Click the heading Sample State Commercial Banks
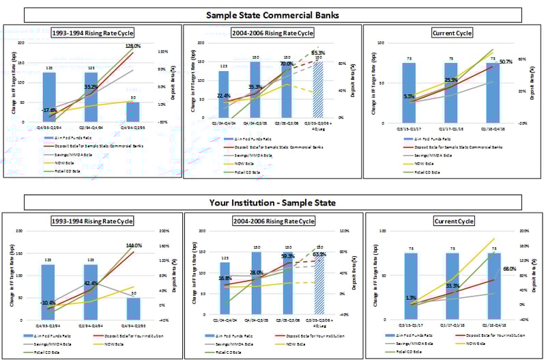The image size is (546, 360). click(x=272, y=14)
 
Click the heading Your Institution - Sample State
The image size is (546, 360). click(x=272, y=202)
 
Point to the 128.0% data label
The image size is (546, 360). click(x=133, y=46)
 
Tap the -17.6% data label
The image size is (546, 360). click(x=48, y=110)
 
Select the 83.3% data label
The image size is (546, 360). click(x=318, y=53)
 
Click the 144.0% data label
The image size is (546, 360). click(x=133, y=245)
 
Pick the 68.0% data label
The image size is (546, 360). click(x=508, y=269)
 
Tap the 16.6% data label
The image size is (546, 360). click(x=225, y=279)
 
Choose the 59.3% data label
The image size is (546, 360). click(x=287, y=256)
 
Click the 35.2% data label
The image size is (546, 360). click(x=91, y=87)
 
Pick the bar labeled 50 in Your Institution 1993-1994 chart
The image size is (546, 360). click(x=132, y=309)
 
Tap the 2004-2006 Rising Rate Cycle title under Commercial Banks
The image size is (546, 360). click(x=272, y=33)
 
